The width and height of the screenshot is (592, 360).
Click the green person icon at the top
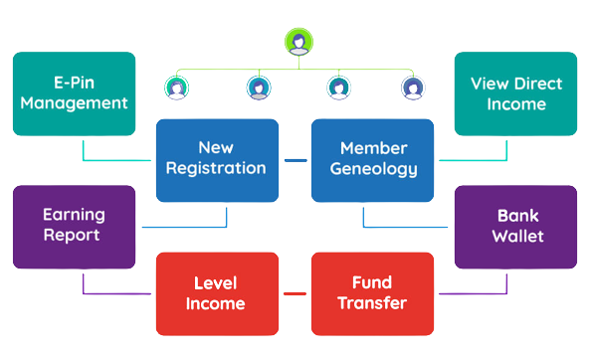click(296, 43)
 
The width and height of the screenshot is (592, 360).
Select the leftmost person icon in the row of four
click(177, 88)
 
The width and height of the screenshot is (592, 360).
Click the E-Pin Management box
click(74, 92)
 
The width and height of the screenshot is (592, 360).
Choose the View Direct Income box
click(515, 92)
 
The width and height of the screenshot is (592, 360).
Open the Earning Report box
click(74, 226)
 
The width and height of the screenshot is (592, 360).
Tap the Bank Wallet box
click(515, 226)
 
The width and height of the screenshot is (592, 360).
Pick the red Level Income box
click(216, 293)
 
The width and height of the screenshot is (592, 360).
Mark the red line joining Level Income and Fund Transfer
click(294, 294)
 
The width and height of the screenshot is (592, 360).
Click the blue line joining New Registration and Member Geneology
click(295, 159)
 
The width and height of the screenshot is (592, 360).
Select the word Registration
click(216, 169)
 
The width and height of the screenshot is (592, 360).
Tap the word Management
click(74, 102)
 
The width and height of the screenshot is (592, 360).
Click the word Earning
click(74, 215)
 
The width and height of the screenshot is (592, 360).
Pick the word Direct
click(535, 83)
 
